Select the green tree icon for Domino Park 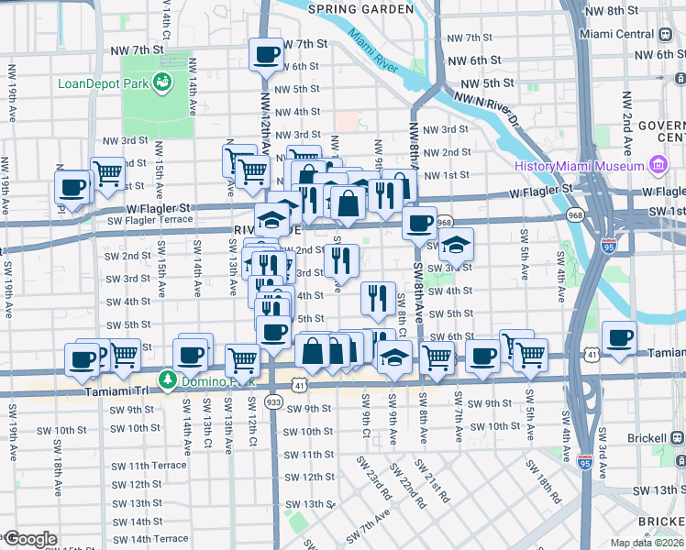click(x=167, y=379)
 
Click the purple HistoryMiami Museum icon click(x=657, y=166)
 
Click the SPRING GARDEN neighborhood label click(x=361, y=9)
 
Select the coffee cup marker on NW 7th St click(x=267, y=54)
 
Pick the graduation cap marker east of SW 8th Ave click(x=455, y=245)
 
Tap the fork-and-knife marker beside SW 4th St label click(x=378, y=297)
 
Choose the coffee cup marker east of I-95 click(x=619, y=336)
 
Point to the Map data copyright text click(x=647, y=543)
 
